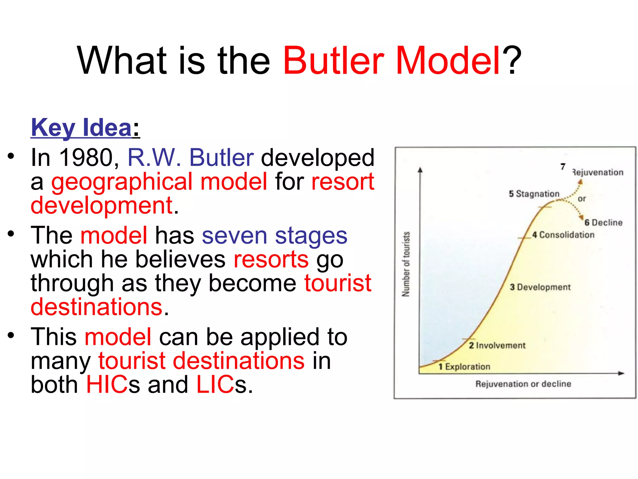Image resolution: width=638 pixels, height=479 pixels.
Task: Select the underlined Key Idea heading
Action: [x=82, y=128]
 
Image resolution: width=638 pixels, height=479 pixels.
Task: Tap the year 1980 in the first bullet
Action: [x=86, y=157]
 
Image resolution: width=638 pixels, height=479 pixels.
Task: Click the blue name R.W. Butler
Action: [x=190, y=157]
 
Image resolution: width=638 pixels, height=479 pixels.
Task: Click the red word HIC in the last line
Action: [x=107, y=385]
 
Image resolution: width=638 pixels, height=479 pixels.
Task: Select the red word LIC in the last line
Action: [x=215, y=385]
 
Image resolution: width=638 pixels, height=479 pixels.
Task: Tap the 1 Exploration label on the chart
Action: [x=464, y=366]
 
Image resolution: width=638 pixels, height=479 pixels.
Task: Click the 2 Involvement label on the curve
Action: [x=497, y=345]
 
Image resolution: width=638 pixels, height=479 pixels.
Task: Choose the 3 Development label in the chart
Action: [x=540, y=287]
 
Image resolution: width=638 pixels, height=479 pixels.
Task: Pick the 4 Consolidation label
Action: [x=563, y=235]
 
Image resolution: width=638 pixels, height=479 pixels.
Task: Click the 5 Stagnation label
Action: [x=534, y=194]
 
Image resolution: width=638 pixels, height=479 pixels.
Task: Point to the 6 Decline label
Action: [x=603, y=222]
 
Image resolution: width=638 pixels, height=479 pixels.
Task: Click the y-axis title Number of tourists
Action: [x=406, y=264]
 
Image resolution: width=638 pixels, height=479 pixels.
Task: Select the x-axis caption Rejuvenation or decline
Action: [x=523, y=384]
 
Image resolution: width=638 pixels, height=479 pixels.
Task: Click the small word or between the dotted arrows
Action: [x=582, y=199]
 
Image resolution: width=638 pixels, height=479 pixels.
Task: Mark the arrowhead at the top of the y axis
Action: [x=420, y=170]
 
